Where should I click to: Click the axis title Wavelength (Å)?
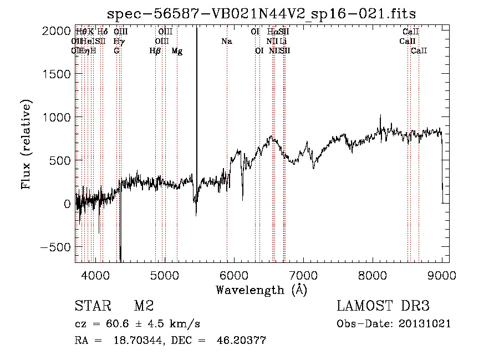click(261, 290)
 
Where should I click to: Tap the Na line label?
click(226, 41)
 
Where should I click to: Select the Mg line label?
click(177, 51)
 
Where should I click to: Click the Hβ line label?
click(155, 51)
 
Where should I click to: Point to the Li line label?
click(283, 41)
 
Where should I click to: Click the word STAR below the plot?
click(92, 306)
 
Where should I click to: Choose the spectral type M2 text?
click(144, 306)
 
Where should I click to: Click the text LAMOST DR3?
click(383, 306)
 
